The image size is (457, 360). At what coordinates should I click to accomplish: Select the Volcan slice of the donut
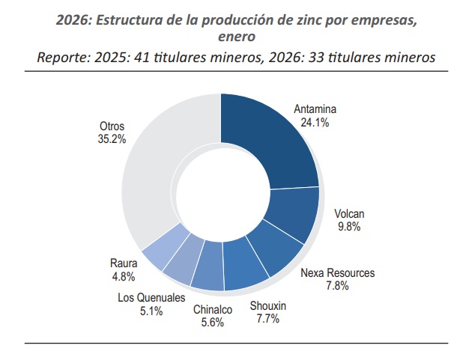coord(292,216)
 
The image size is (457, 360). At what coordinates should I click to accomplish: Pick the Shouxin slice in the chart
coord(246,272)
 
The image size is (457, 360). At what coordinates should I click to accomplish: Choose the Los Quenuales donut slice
coord(182,266)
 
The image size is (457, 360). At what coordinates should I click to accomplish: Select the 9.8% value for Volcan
coord(348,226)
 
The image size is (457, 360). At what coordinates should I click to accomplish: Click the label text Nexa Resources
coord(337,272)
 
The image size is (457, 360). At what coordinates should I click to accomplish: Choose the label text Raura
coord(123,263)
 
